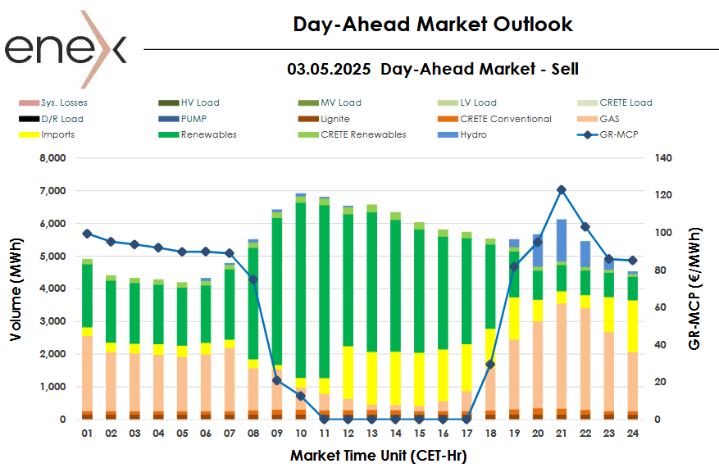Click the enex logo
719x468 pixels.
point(66,49)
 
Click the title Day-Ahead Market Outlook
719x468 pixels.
point(433,25)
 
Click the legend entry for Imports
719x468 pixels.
point(57,134)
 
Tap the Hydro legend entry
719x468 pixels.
point(472,134)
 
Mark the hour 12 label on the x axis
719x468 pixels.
point(348,432)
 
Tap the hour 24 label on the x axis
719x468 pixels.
point(633,432)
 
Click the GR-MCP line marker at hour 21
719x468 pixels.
point(562,189)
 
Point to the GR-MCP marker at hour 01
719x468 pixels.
point(87,234)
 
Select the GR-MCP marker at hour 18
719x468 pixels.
point(490,364)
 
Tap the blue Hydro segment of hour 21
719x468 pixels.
point(562,239)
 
